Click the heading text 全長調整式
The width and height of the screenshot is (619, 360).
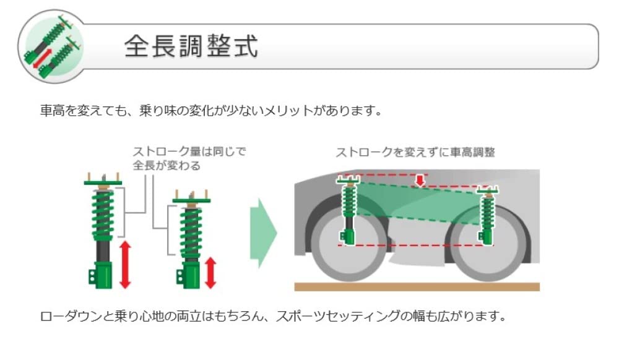pyautogui.click(x=191, y=46)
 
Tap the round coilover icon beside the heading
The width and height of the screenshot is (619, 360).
pyautogui.click(x=51, y=48)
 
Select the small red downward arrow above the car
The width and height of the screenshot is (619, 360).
pyautogui.click(x=420, y=179)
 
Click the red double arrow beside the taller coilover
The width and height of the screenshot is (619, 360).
pyautogui.click(x=125, y=264)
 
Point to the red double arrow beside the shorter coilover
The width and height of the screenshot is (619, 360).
pyautogui.click(x=210, y=273)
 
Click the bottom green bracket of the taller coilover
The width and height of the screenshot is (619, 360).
pyautogui.click(x=102, y=275)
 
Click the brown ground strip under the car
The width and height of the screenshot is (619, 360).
pyautogui.click(x=417, y=286)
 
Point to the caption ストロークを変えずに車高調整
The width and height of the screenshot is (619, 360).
pyautogui.click(x=415, y=152)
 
